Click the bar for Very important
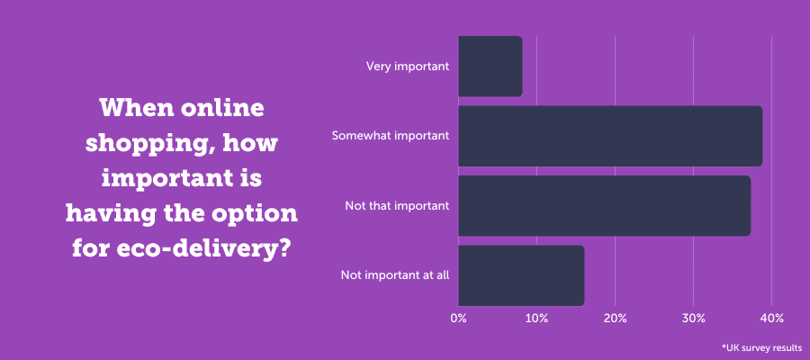coord(490,67)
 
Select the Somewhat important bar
coord(609,136)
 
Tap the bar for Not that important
coord(604,206)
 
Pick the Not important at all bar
coord(520,275)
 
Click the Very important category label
coord(408,67)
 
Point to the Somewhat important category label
coord(390,137)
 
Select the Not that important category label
coord(397,206)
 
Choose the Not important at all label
coord(394,275)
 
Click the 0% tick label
coord(458,319)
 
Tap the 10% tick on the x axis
coord(536,319)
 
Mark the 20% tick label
coord(615,319)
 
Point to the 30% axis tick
coord(693,319)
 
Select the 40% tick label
coord(771,319)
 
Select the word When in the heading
coord(136,109)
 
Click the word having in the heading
coord(109,212)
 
